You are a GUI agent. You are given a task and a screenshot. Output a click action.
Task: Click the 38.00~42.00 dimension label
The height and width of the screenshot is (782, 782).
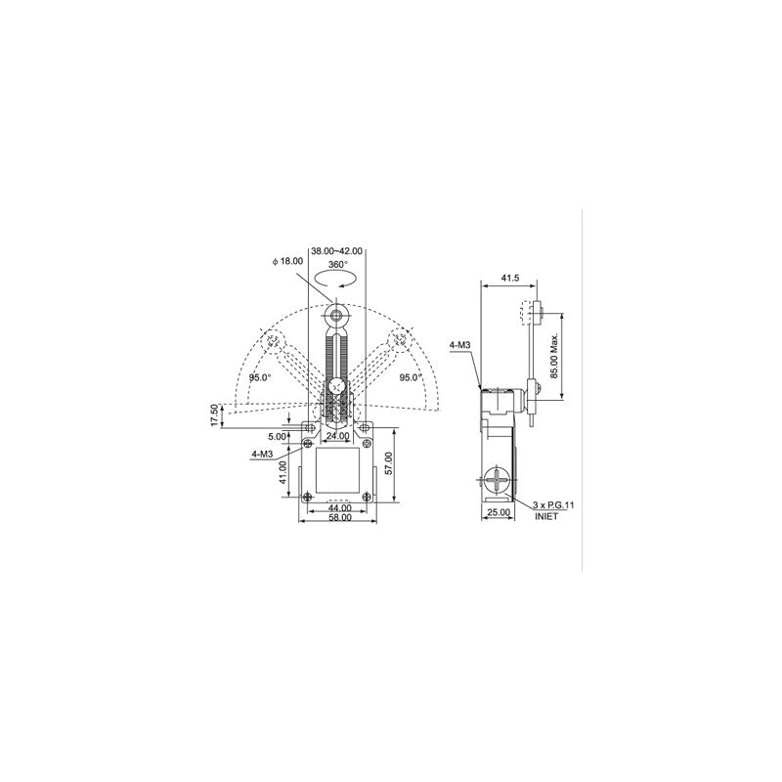pyautogui.click(x=336, y=251)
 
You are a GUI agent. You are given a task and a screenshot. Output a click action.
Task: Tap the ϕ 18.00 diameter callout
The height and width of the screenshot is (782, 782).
pyautogui.click(x=287, y=261)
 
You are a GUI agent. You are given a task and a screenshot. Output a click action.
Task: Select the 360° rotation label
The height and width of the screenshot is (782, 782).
pyautogui.click(x=337, y=264)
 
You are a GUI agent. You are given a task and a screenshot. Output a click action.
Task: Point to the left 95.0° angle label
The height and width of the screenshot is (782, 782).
pyautogui.click(x=260, y=377)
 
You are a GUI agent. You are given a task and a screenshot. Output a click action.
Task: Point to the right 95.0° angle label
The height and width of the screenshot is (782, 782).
pyautogui.click(x=411, y=377)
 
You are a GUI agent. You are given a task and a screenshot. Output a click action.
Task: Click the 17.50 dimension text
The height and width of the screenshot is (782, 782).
pyautogui.click(x=214, y=414)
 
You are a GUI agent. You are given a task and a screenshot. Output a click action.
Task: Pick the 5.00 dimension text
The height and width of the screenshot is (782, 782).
pyautogui.click(x=278, y=437)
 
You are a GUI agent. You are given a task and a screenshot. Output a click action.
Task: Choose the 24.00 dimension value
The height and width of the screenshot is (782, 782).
pyautogui.click(x=337, y=436)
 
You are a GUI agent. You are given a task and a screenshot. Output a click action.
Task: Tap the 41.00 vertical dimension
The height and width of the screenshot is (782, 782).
pyautogui.click(x=282, y=472)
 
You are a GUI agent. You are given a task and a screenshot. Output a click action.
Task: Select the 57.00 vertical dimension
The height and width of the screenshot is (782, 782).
pyautogui.click(x=389, y=463)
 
